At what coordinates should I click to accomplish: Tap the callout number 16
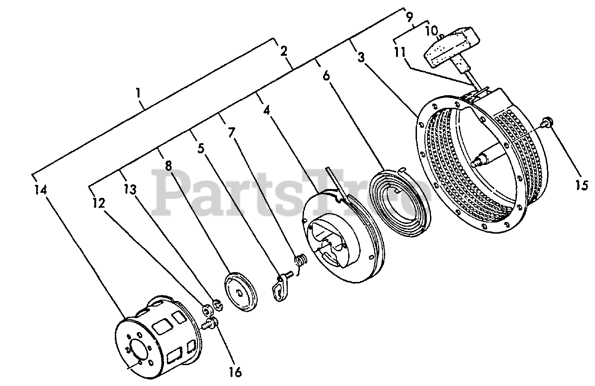235,372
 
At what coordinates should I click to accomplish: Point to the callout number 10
431,32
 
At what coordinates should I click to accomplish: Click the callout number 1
138,93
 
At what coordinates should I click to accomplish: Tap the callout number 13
131,189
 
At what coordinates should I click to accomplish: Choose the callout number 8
168,165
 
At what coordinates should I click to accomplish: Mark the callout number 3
361,57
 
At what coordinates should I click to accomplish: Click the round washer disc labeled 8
242,291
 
